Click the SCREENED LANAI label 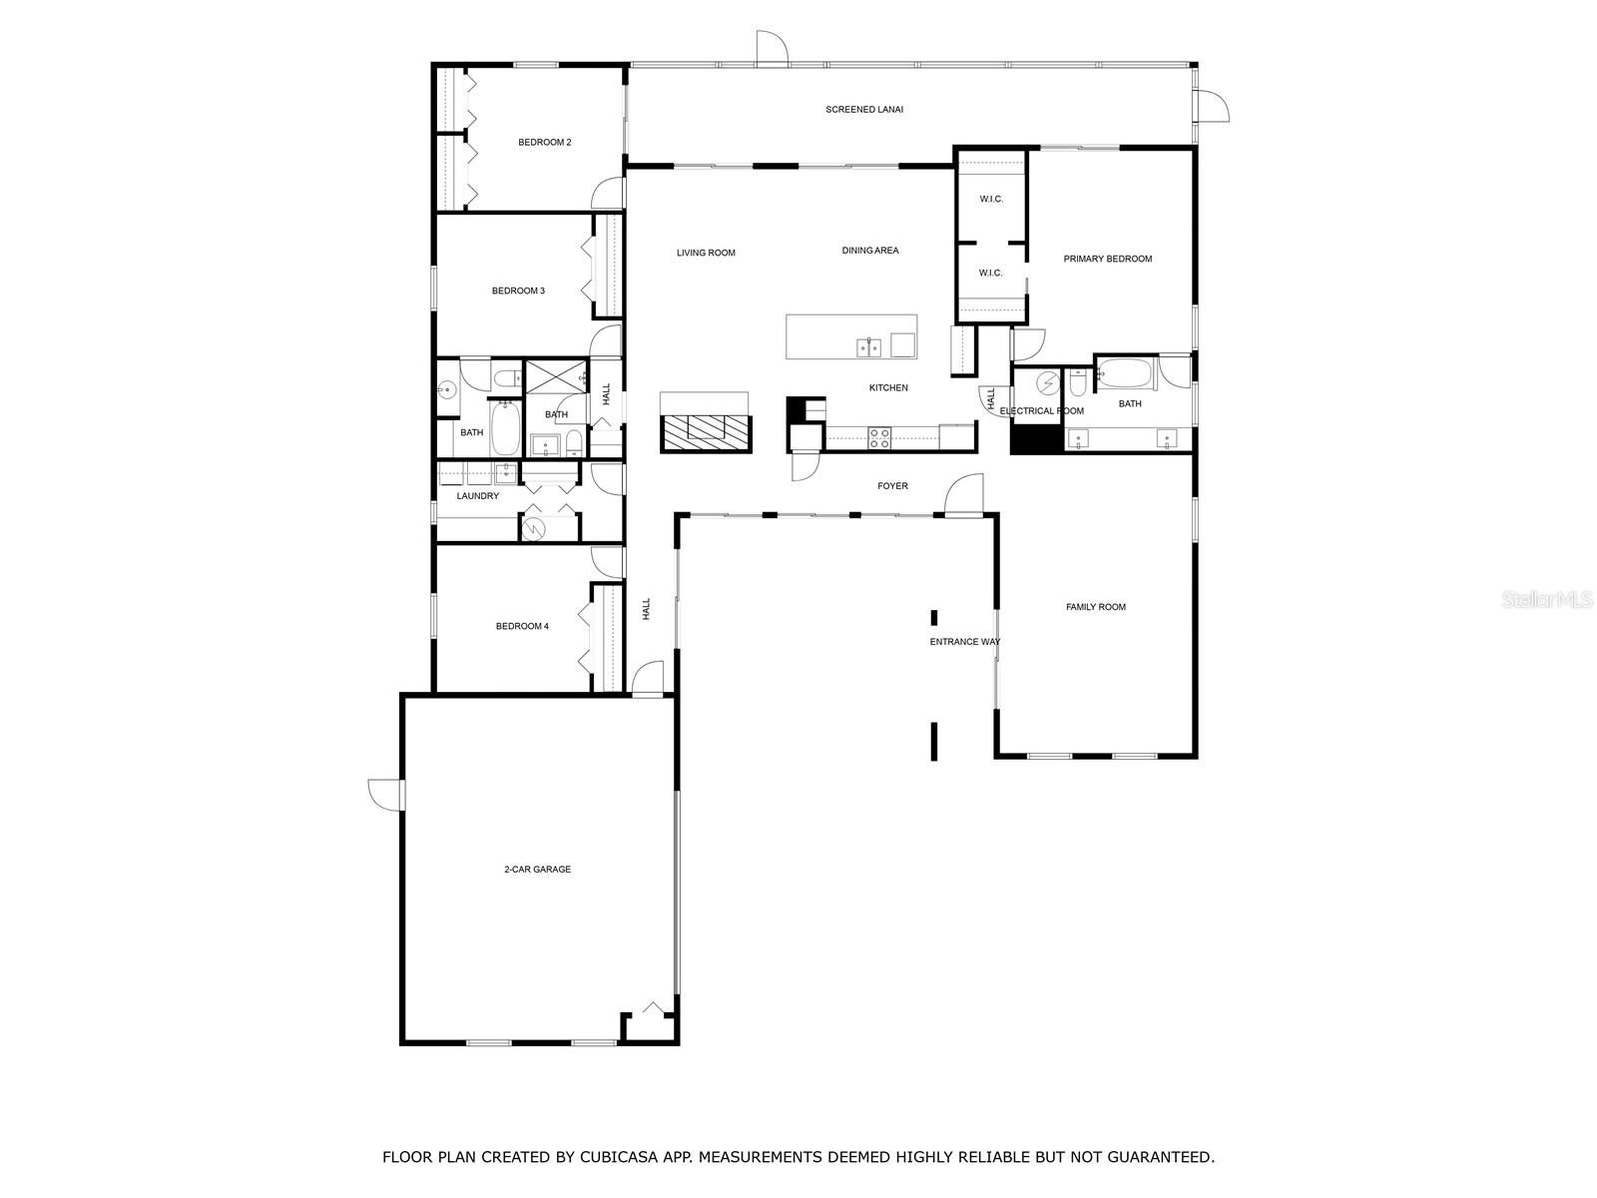(863, 110)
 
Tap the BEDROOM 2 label (544, 143)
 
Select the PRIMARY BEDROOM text (1107, 259)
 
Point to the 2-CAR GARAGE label (538, 870)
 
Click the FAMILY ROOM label (1096, 607)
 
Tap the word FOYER (892, 486)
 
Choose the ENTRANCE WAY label (965, 642)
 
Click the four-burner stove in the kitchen (879, 437)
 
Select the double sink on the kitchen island (868, 347)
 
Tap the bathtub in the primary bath (1126, 373)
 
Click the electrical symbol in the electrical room (1048, 382)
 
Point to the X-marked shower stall (556, 377)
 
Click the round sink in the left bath (446, 391)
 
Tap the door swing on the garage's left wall (385, 795)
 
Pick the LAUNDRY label (477, 496)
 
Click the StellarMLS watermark (1547, 599)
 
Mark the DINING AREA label (870, 251)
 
